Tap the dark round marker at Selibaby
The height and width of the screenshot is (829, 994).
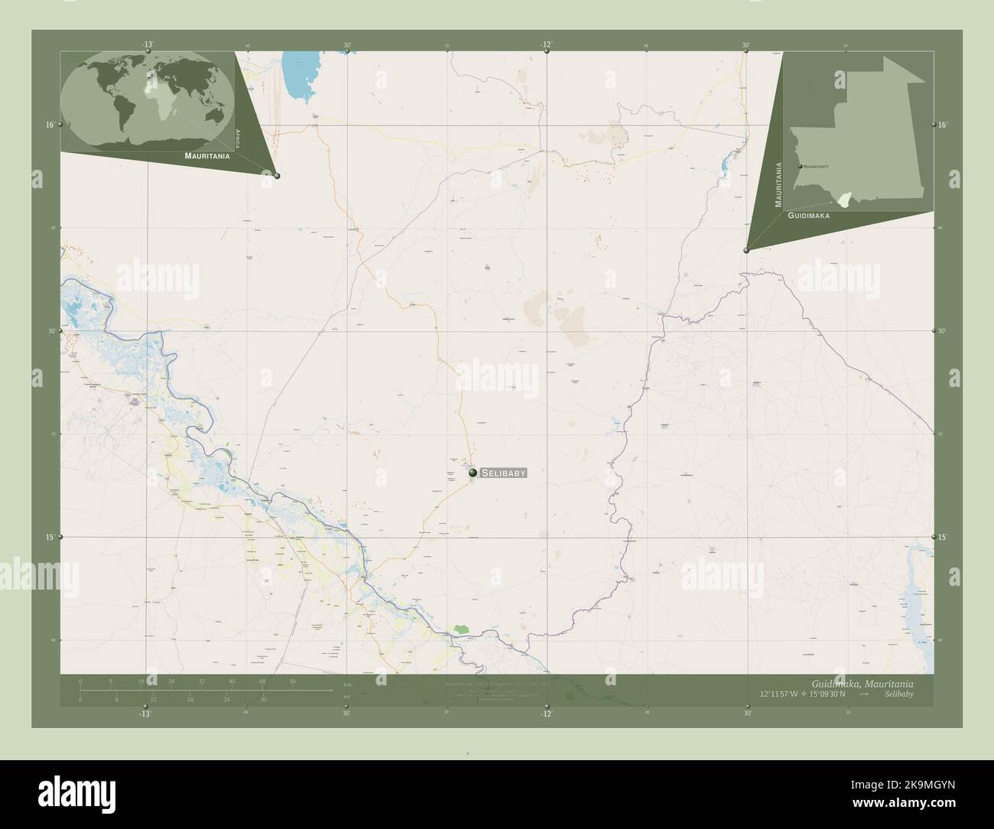click(473, 474)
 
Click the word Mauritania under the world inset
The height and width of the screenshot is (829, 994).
click(206, 155)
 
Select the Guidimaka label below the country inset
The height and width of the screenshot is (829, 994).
click(808, 216)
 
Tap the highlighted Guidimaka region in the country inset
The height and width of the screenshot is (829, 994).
click(843, 200)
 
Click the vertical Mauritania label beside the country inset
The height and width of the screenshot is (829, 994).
click(779, 184)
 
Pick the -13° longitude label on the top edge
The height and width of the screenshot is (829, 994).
click(146, 44)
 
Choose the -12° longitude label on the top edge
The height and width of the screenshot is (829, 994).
click(545, 44)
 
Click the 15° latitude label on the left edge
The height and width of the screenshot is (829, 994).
click(49, 538)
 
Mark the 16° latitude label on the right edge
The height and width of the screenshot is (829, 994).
click(943, 124)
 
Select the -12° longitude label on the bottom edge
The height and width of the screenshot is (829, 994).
click(544, 714)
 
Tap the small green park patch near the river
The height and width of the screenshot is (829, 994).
click(460, 628)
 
